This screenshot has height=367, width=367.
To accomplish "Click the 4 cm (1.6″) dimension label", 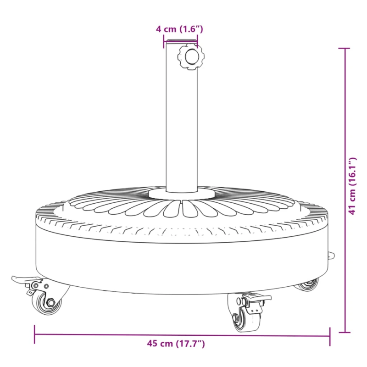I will [179, 29].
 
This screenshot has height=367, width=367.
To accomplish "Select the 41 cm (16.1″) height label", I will [352, 186].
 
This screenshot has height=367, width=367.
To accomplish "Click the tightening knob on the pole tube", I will [190, 56].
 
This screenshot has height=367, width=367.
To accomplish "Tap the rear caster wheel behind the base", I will [306, 284].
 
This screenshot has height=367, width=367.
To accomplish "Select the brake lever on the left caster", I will [24, 279].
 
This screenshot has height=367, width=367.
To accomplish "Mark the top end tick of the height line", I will [345, 48].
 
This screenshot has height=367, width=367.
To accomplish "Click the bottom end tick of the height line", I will [345, 332].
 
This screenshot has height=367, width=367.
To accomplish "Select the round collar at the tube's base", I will [181, 195].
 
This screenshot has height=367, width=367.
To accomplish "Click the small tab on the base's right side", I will [330, 256].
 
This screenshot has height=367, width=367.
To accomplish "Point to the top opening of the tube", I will [181, 42].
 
